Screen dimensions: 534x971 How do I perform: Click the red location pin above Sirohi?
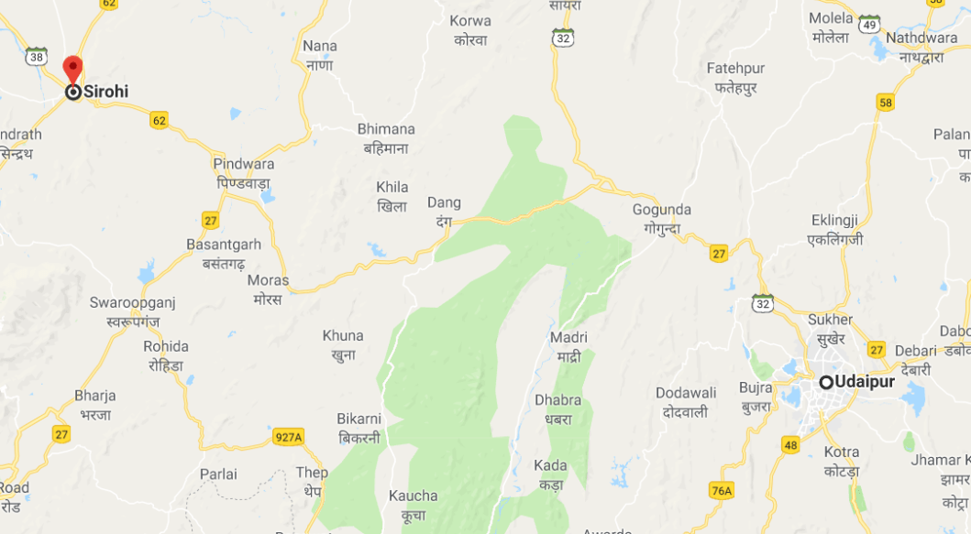(x=72, y=70)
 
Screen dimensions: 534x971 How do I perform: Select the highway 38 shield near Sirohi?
(x=36, y=56)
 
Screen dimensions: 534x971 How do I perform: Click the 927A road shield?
(x=288, y=437)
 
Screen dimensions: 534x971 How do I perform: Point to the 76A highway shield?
(x=722, y=491)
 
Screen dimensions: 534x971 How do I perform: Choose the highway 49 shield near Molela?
(x=870, y=25)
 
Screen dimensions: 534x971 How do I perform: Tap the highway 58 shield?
(x=885, y=103)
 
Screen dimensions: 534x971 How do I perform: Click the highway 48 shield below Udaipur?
(x=790, y=444)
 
